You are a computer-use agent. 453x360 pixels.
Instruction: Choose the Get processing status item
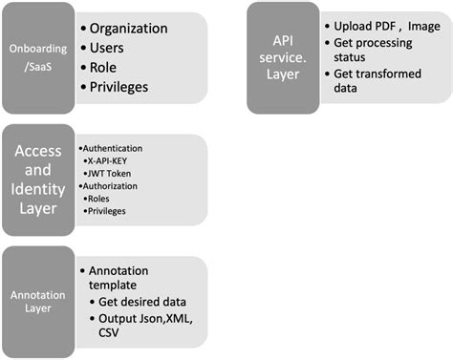tap(374, 53)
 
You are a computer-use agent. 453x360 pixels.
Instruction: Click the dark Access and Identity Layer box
tap(38, 179)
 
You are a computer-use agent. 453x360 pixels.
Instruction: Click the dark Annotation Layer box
tap(38, 301)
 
